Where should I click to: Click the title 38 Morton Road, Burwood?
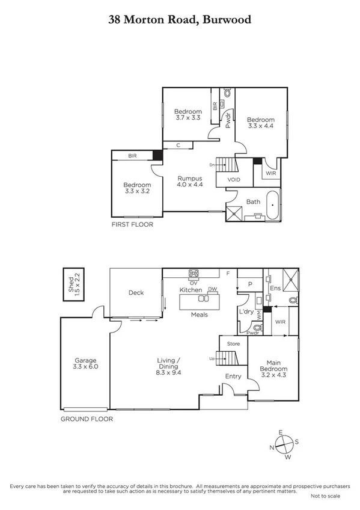(x=180, y=19)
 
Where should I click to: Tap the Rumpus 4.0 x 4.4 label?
(x=189, y=182)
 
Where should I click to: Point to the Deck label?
(x=136, y=293)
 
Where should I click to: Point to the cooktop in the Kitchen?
(x=195, y=274)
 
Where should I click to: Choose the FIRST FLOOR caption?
(x=132, y=224)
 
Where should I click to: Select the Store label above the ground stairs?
(x=233, y=344)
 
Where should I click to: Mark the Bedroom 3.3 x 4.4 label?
(x=261, y=123)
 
